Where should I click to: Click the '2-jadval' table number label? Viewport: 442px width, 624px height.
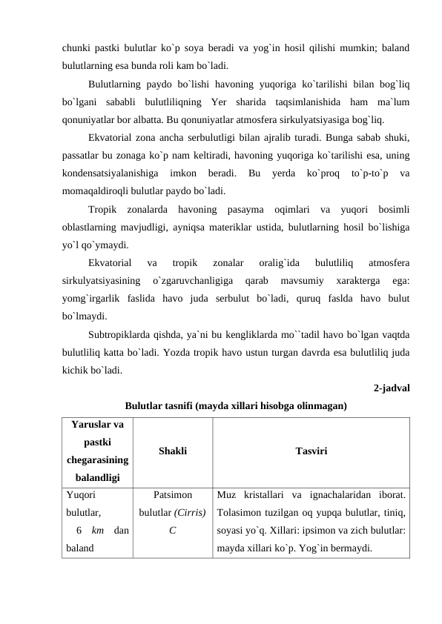tap(392, 387)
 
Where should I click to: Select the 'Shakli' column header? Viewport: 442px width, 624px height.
tap(172, 451)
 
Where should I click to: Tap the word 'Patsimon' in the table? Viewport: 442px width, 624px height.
tap(172, 494)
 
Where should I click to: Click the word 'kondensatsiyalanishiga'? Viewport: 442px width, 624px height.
tap(110, 173)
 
